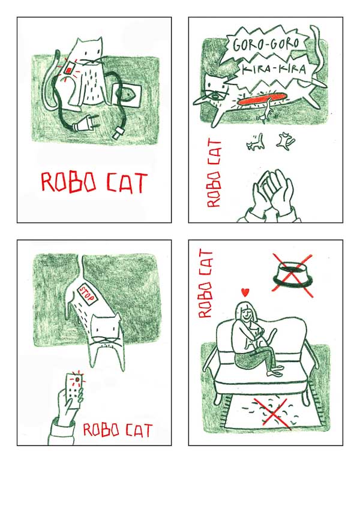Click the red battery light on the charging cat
(69, 69)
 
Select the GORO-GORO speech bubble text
(266, 45)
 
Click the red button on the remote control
(77, 379)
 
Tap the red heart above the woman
(245, 293)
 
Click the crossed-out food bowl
(292, 275)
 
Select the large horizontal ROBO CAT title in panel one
(95, 183)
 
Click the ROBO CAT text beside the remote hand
(118, 430)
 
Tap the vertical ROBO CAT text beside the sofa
(205, 284)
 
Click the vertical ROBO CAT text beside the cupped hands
(214, 173)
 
